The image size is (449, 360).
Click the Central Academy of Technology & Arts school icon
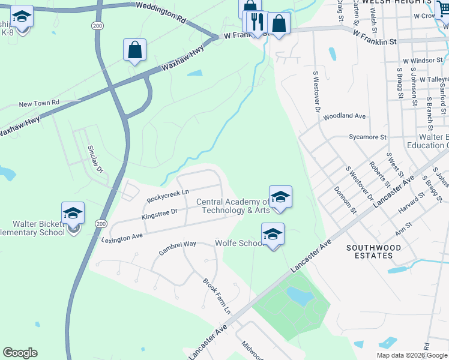tap(280, 197)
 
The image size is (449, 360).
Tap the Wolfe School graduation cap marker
tap(273, 235)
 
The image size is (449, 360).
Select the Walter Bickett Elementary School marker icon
tap(73, 214)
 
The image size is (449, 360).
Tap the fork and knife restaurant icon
tap(258, 22)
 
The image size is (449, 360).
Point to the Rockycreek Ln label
tap(168, 194)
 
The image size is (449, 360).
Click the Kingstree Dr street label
tap(160, 212)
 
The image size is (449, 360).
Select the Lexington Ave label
tap(122, 236)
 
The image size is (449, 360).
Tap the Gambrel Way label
tap(177, 248)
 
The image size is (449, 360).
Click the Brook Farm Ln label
tap(217, 296)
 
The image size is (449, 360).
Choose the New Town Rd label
tap(39, 104)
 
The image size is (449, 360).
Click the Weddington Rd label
tap(161, 12)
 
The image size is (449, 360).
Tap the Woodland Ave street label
tap(345, 116)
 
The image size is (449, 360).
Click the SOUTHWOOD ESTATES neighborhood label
tap(369, 251)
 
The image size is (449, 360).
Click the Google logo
tap(20, 353)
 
